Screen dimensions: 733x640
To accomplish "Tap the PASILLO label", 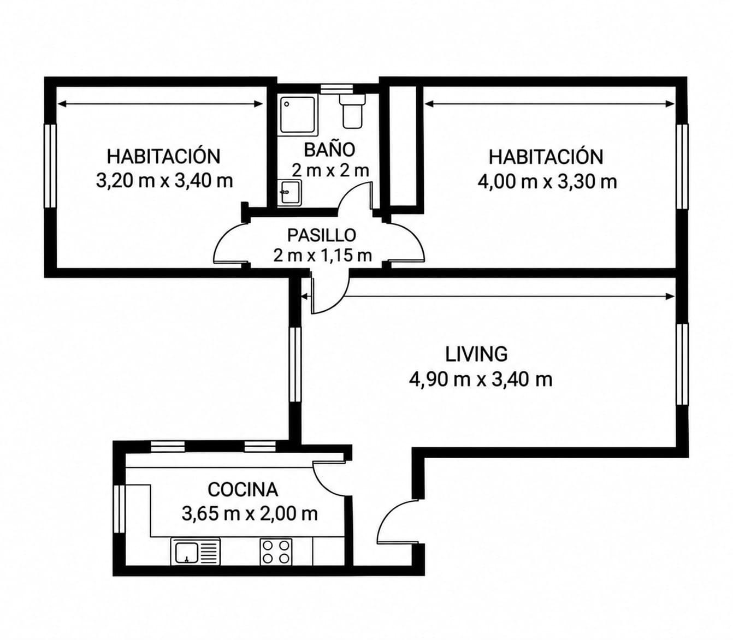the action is pyautogui.click(x=321, y=235).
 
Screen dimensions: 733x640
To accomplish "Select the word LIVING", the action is pyautogui.click(x=476, y=354).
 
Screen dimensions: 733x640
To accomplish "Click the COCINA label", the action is pyautogui.click(x=243, y=490).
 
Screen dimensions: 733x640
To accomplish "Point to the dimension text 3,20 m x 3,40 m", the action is pyautogui.click(x=164, y=181).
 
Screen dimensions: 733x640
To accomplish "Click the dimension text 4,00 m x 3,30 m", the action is pyautogui.click(x=547, y=182).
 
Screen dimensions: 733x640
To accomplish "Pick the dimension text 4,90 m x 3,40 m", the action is pyautogui.click(x=481, y=380).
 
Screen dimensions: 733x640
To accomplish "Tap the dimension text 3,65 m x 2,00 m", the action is pyautogui.click(x=250, y=514).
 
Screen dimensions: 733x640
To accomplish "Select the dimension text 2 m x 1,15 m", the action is pyautogui.click(x=322, y=256).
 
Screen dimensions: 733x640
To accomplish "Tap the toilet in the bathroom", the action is pyautogui.click(x=351, y=111).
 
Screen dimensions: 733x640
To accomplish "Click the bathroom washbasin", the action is pyautogui.click(x=290, y=193).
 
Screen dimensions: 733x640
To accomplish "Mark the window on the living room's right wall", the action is pyautogui.click(x=682, y=364).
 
